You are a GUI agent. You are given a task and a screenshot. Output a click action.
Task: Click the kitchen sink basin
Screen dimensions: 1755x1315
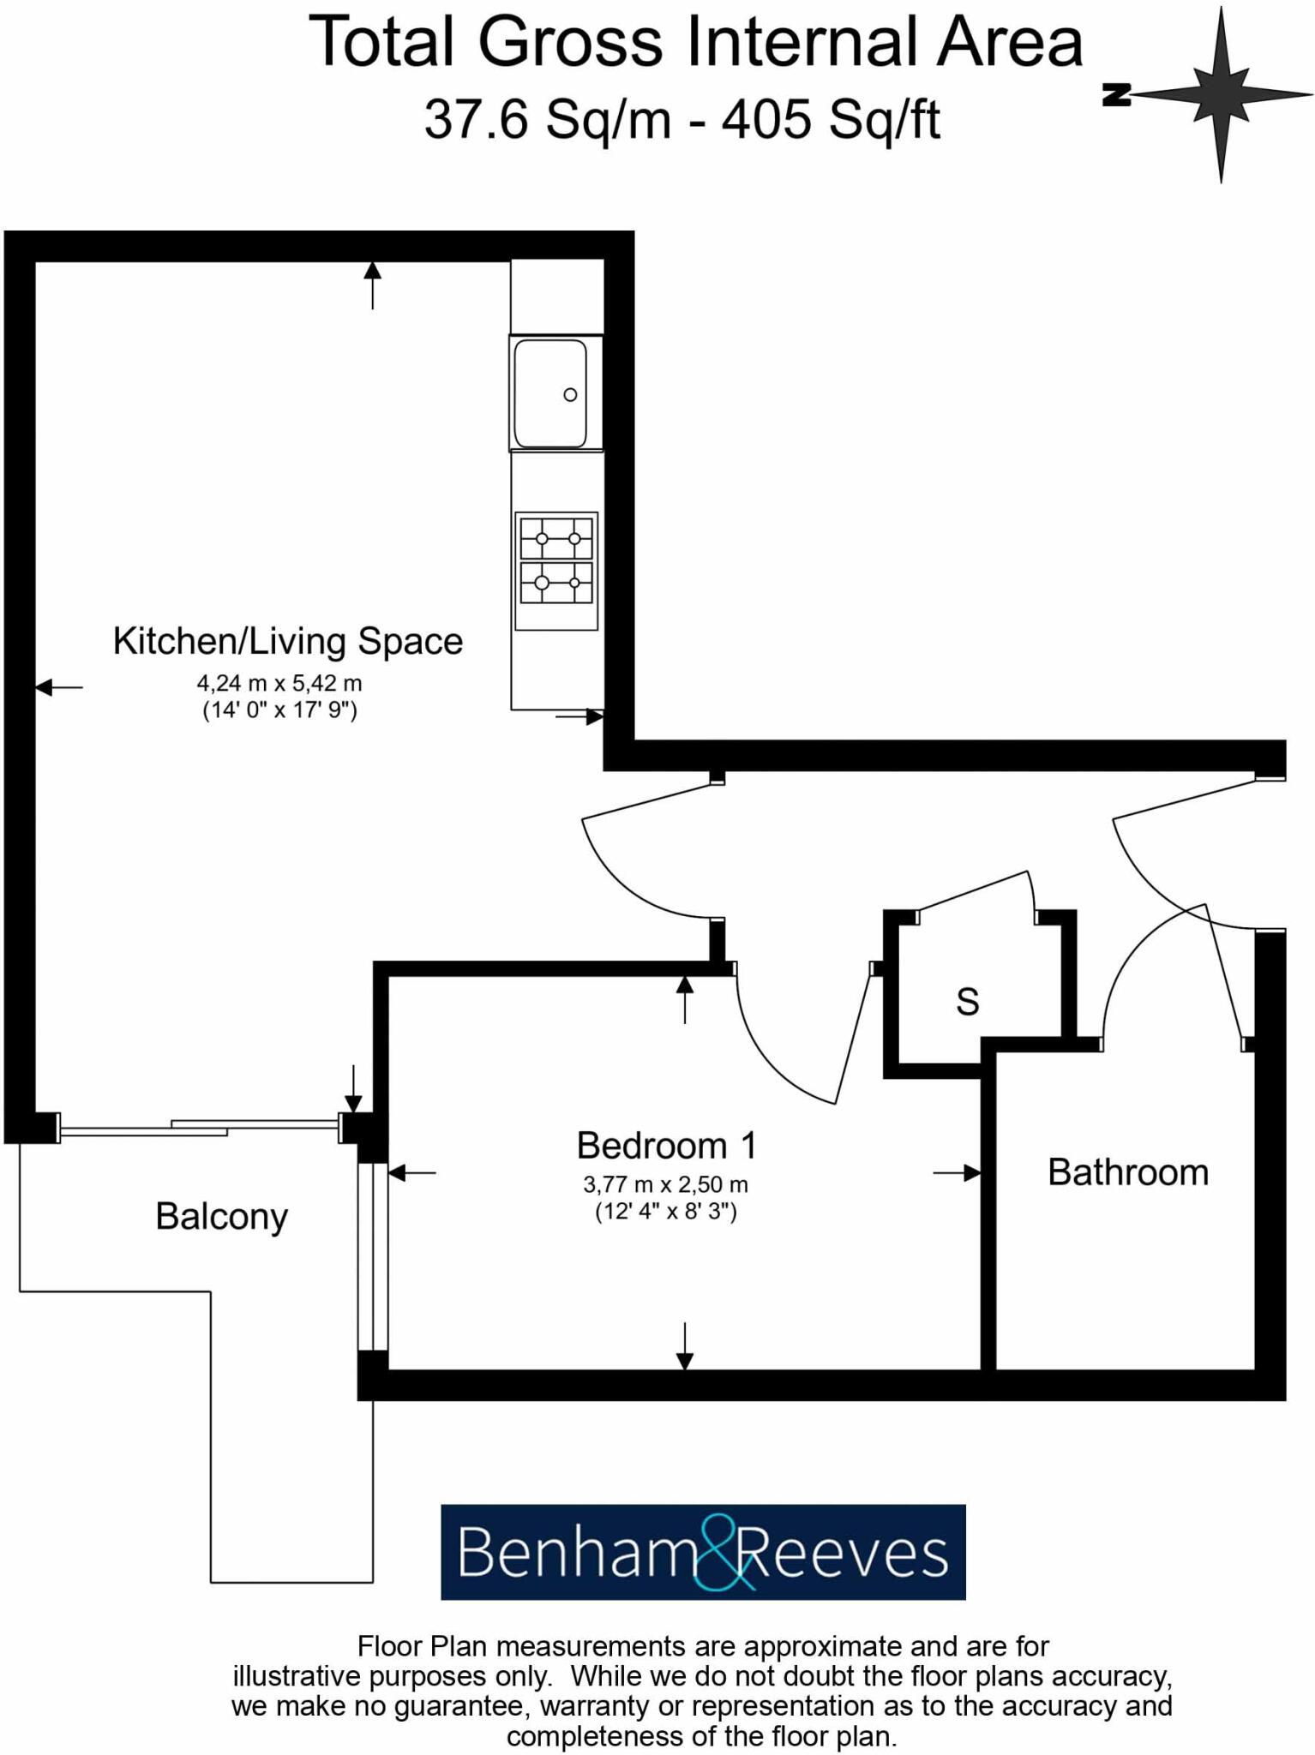(x=549, y=393)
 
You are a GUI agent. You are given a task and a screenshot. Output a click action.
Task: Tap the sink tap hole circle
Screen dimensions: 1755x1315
(x=570, y=395)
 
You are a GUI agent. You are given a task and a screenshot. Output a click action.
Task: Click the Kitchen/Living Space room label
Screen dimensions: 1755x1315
(x=288, y=641)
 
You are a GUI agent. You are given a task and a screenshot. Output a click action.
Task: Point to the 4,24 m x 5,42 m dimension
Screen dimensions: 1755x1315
(x=279, y=684)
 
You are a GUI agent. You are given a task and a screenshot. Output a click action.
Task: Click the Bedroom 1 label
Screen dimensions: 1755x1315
(x=666, y=1146)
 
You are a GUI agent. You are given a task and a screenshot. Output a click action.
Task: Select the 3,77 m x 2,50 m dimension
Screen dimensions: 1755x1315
(x=665, y=1185)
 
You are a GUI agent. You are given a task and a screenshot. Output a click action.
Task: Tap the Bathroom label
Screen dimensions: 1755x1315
(x=1127, y=1172)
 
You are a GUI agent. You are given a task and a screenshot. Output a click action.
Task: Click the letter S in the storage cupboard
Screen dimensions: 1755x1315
(x=967, y=1002)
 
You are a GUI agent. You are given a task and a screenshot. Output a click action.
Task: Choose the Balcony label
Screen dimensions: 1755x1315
(x=221, y=1217)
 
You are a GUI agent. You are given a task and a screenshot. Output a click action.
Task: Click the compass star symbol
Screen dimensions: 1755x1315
(x=1222, y=94)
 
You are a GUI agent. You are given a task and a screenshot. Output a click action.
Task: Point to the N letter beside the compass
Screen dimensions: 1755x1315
(x=1115, y=96)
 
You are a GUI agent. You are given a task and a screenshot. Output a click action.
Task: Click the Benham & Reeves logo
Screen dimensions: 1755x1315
(x=703, y=1551)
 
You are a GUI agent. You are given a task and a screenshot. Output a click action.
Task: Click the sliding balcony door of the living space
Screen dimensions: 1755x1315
(x=199, y=1128)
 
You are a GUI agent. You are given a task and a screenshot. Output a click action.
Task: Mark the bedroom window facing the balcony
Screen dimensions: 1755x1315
(x=373, y=1256)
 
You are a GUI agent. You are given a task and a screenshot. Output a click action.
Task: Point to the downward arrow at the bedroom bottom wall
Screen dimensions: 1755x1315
(x=684, y=1345)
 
